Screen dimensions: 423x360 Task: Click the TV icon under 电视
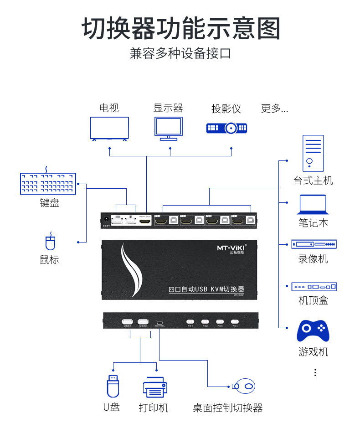pyautogui.click(x=109, y=128)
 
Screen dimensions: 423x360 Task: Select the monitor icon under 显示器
pyautogui.click(x=168, y=128)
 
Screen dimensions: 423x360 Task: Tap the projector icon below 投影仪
pyautogui.click(x=226, y=128)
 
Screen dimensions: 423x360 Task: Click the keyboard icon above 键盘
pyautogui.click(x=48, y=184)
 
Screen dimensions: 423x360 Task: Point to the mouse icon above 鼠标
pyautogui.click(x=50, y=242)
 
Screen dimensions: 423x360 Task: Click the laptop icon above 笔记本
pyautogui.click(x=313, y=204)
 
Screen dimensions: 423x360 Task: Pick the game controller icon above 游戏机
pyautogui.click(x=313, y=331)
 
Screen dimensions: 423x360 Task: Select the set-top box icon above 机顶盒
pyautogui.click(x=314, y=287)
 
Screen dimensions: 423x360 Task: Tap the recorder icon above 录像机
pyautogui.click(x=314, y=244)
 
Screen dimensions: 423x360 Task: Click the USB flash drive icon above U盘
pyautogui.click(x=113, y=386)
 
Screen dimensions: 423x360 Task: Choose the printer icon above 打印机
pyautogui.click(x=155, y=387)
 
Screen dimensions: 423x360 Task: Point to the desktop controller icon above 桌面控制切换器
pyautogui.click(x=244, y=387)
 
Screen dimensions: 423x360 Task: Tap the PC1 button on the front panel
pyautogui.click(x=190, y=321)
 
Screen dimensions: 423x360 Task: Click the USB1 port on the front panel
pyautogui.click(x=128, y=321)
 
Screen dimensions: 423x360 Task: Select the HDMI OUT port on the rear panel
pyautogui.click(x=145, y=222)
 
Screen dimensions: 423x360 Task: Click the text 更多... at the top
pyautogui.click(x=274, y=108)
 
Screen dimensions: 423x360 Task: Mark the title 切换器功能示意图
pyautogui.click(x=180, y=29)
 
